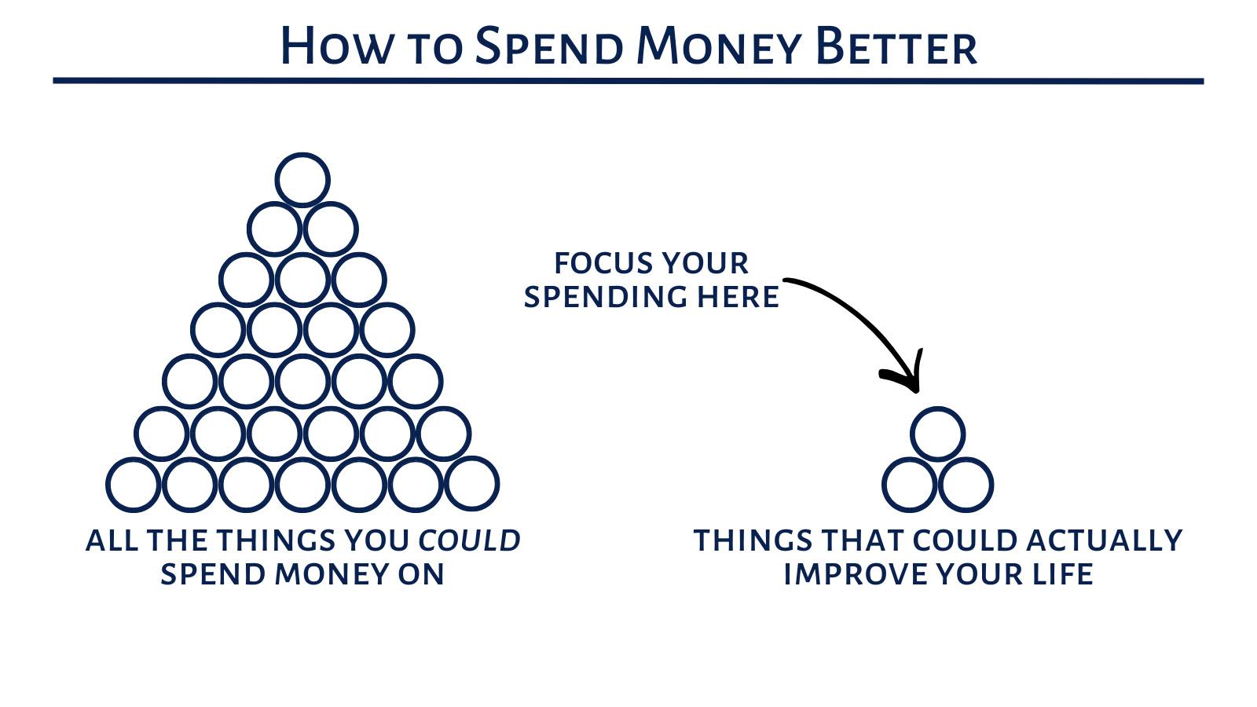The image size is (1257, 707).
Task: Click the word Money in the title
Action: coord(719,46)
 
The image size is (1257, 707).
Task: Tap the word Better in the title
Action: coord(896,46)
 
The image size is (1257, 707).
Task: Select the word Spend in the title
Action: coord(549,46)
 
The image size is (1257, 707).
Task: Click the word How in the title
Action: coord(335,46)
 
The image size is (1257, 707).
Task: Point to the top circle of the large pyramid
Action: coord(302,153)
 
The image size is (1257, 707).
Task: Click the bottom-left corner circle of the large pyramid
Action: coord(134,459)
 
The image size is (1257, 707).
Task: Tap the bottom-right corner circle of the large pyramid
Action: coord(472,459)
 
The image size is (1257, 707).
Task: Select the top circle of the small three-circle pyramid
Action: coord(938,408)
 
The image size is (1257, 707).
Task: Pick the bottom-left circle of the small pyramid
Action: coord(910,459)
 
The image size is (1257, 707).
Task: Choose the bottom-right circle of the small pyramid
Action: coord(966,459)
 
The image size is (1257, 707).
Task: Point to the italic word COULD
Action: coord(469,540)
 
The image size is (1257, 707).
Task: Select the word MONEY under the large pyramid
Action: coord(331,574)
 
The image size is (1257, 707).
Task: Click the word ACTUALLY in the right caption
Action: coord(1105,540)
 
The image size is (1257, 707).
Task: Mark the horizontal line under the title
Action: coord(628,82)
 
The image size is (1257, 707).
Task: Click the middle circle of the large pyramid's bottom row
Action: coord(302,459)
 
